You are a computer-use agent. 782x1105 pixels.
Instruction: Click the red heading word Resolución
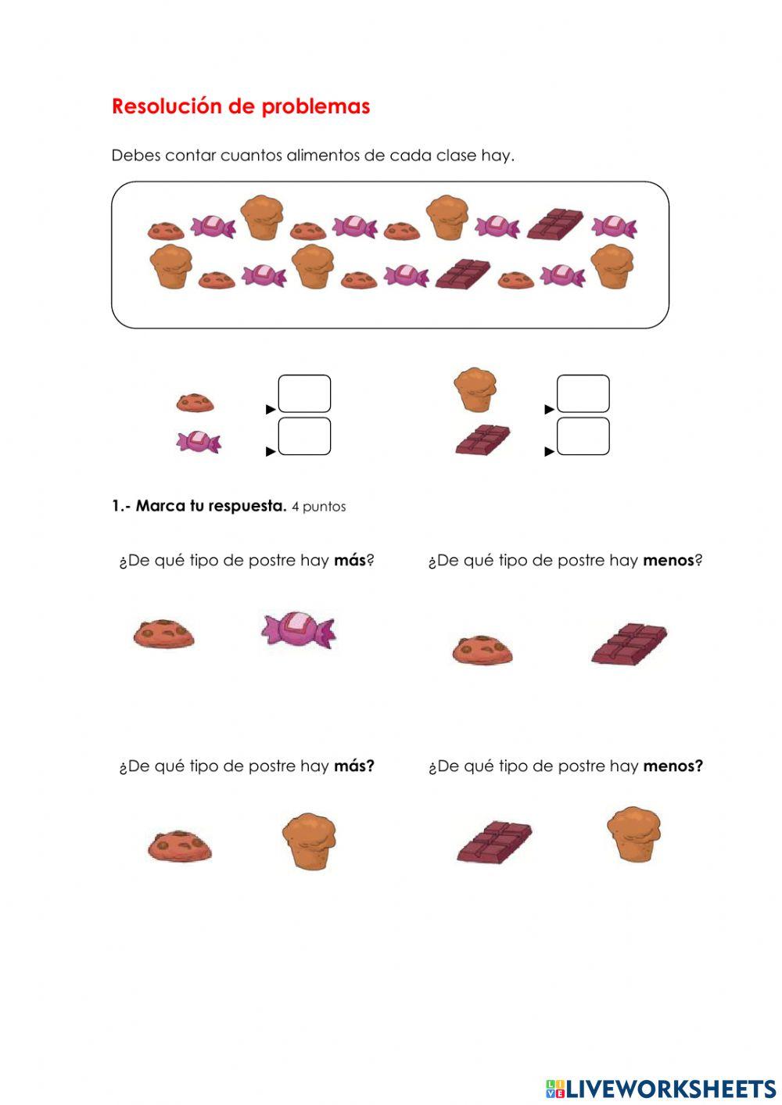point(167,106)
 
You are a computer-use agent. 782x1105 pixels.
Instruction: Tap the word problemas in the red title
point(315,107)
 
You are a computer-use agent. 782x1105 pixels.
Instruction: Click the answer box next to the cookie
point(304,393)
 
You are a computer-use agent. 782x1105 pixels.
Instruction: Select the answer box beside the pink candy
point(304,436)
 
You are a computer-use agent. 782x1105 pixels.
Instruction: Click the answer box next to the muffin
point(583,393)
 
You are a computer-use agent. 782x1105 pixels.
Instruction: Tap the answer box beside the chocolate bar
point(583,436)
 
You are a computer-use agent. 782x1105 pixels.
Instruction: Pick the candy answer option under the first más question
point(299,630)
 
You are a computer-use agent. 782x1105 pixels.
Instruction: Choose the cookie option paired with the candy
point(163,633)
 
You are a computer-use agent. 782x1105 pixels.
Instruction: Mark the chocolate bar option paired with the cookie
point(630,643)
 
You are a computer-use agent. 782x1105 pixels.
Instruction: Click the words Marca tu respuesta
point(211,506)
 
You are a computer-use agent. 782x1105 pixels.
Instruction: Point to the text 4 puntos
point(319,507)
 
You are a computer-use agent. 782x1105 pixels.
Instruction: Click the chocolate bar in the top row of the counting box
point(555,224)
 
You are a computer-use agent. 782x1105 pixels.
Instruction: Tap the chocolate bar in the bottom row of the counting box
point(463,274)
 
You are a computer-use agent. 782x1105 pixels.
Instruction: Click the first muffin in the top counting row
point(262,217)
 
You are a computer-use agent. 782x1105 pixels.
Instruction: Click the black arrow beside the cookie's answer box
point(271,409)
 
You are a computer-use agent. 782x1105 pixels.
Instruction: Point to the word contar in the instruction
point(191,156)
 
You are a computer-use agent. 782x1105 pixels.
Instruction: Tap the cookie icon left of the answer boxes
point(195,403)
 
